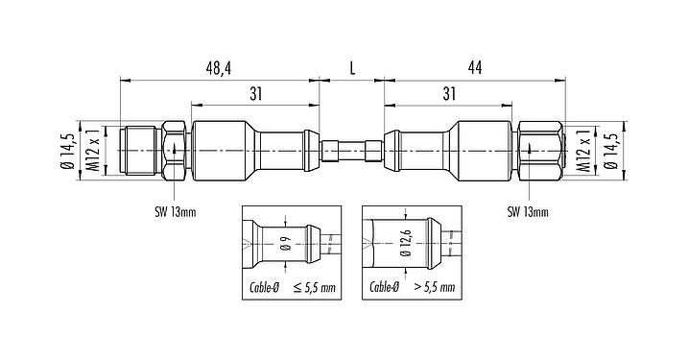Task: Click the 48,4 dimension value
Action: click(220, 69)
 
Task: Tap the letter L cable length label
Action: click(352, 69)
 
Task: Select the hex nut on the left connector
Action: click(176, 152)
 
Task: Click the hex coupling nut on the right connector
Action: click(534, 152)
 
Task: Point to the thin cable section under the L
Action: click(352, 152)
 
